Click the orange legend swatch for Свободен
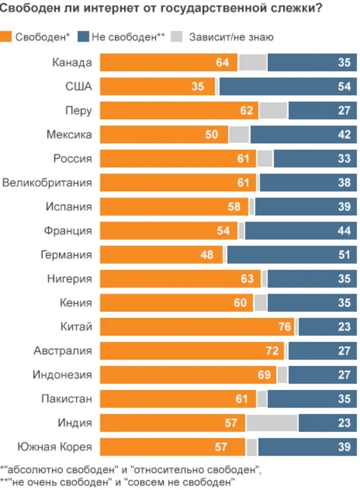pyautogui.click(x=7, y=38)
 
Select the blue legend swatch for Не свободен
pyautogui.click(x=83, y=38)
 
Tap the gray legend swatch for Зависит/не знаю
pyautogui.click(x=177, y=38)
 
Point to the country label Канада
pyautogui.click(x=72, y=62)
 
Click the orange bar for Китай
pyautogui.click(x=197, y=326)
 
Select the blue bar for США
pyautogui.click(x=287, y=87)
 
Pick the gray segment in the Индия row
pyautogui.click(x=272, y=422)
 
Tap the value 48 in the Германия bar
pyautogui.click(x=207, y=254)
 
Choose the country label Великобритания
pyautogui.click(x=47, y=182)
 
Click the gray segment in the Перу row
pyautogui.click(x=273, y=110)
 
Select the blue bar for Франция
pyautogui.click(x=301, y=230)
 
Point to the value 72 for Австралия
pyautogui.click(x=272, y=350)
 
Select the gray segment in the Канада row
pyautogui.click(x=253, y=62)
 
